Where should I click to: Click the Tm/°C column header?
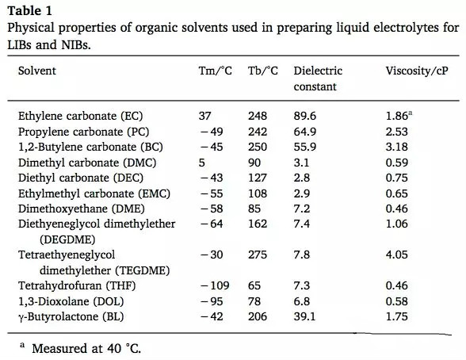(216, 71)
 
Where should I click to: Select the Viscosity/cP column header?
(417, 71)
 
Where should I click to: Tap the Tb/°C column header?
(263, 71)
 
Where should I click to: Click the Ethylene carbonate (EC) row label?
(81, 116)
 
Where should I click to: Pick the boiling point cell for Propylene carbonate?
(258, 132)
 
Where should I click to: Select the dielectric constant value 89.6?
(305, 116)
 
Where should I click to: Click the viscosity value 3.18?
(397, 147)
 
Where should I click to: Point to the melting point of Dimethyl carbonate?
(202, 163)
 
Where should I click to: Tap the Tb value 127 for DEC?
(258, 178)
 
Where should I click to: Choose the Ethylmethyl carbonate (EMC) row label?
(94, 193)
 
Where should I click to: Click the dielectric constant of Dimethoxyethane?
(302, 209)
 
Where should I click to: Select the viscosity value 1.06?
(397, 224)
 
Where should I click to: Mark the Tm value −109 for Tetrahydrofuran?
(216, 285)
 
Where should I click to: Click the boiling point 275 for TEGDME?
(258, 255)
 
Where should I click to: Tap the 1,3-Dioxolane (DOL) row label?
(71, 301)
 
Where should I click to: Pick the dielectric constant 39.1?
(304, 316)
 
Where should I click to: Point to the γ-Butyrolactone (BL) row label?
(71, 316)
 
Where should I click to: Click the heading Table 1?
(30, 11)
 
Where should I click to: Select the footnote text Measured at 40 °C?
(86, 348)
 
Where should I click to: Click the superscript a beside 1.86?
(411, 113)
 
